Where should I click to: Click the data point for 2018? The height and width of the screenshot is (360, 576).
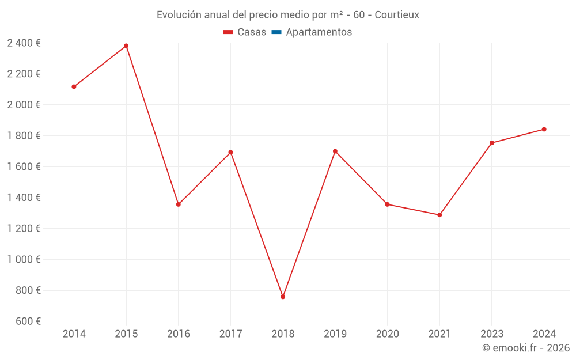[x=283, y=297]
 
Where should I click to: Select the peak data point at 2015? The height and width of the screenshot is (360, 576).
[x=126, y=46]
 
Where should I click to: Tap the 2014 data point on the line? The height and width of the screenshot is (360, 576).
[x=74, y=86]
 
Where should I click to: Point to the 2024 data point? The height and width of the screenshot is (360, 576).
[x=544, y=129]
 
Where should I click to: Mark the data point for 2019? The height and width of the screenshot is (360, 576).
[x=335, y=151]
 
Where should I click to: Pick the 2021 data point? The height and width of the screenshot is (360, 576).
[x=439, y=215]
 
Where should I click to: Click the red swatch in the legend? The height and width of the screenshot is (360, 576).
[x=228, y=32]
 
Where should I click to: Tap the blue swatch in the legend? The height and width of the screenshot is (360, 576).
[x=276, y=32]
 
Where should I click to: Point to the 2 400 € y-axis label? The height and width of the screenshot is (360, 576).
[x=24, y=43]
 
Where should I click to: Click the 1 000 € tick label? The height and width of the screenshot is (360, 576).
[x=24, y=259]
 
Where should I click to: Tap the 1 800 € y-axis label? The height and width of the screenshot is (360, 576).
[x=24, y=135]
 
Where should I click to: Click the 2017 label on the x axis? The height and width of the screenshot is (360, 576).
[x=230, y=334]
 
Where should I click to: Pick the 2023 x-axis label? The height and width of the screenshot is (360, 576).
[x=492, y=334]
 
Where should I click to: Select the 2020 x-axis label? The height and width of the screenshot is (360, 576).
[x=387, y=334]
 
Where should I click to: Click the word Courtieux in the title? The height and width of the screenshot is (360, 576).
[x=397, y=15]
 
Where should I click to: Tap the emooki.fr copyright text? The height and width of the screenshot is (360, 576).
[x=526, y=348]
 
